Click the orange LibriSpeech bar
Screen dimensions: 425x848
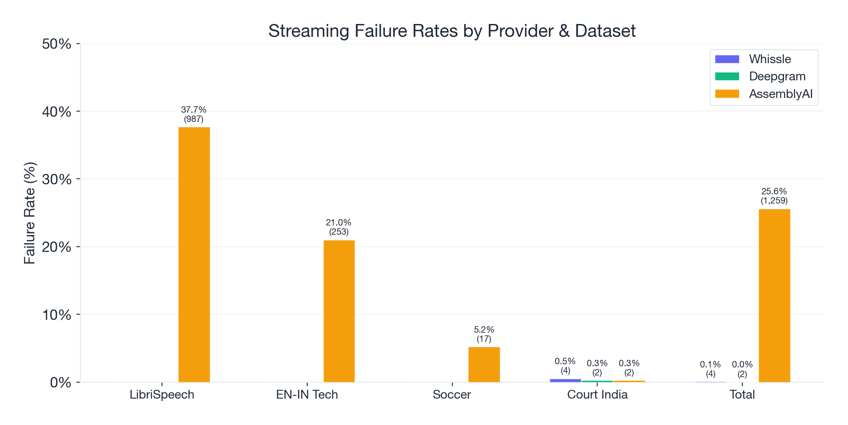pyautogui.click(x=194, y=254)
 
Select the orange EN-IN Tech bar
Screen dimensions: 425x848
pyautogui.click(x=339, y=311)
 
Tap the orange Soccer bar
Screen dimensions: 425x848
pyautogui.click(x=484, y=364)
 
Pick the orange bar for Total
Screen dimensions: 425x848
pyautogui.click(x=774, y=295)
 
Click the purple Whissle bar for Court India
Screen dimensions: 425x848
pyautogui.click(x=565, y=380)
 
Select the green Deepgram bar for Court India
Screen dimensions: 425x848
pyautogui.click(x=597, y=381)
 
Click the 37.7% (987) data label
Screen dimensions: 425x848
pyautogui.click(x=194, y=114)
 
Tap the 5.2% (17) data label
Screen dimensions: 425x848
pyautogui.click(x=484, y=334)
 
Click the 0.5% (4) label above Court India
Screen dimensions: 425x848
pyautogui.click(x=565, y=366)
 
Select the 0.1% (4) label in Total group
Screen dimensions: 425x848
pyautogui.click(x=710, y=369)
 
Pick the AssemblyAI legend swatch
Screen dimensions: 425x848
pyautogui.click(x=727, y=94)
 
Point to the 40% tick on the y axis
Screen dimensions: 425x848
pyautogui.click(x=57, y=112)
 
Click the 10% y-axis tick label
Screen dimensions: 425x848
pyautogui.click(x=57, y=315)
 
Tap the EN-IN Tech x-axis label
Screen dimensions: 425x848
pyautogui.click(x=307, y=395)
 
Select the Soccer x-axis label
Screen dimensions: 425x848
pyautogui.click(x=452, y=395)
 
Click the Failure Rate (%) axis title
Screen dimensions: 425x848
pyautogui.click(x=30, y=213)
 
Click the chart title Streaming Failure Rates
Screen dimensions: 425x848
pyautogui.click(x=452, y=31)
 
